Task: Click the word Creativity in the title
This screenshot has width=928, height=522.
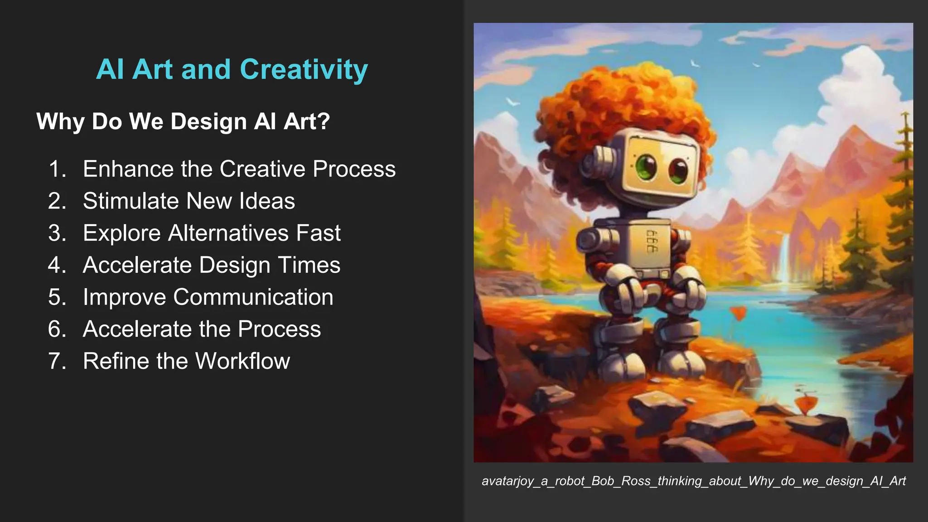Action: tap(304, 70)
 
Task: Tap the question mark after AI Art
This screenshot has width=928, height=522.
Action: tap(324, 121)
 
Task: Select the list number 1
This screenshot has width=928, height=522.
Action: tap(57, 169)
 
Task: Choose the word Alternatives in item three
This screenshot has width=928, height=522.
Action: tap(228, 233)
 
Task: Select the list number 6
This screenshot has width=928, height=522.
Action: tap(57, 329)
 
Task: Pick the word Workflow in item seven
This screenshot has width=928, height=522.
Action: tap(242, 361)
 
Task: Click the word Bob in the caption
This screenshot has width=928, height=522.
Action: tap(604, 481)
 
